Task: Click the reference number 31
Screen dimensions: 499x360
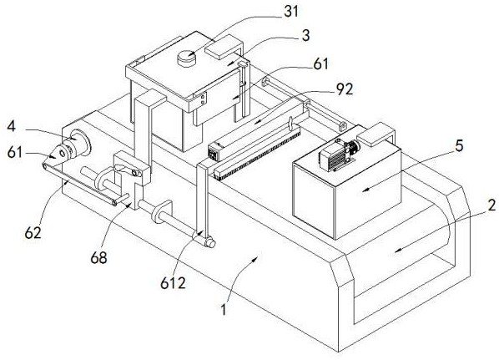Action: pyautogui.click(x=291, y=12)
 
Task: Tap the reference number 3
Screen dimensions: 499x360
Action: pyautogui.click(x=306, y=35)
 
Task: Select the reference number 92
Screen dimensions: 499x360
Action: pyautogui.click(x=345, y=89)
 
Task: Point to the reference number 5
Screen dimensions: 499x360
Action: pyautogui.click(x=459, y=146)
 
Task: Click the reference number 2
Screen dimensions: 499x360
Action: pyautogui.click(x=491, y=205)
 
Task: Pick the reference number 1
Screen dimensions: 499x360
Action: pyautogui.click(x=224, y=309)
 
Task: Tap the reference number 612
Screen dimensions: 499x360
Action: pyautogui.click(x=173, y=283)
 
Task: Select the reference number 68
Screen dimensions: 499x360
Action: pyautogui.click(x=98, y=257)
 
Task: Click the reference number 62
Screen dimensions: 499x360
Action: pyautogui.click(x=33, y=233)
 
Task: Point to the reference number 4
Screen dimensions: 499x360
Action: pyautogui.click(x=11, y=126)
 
